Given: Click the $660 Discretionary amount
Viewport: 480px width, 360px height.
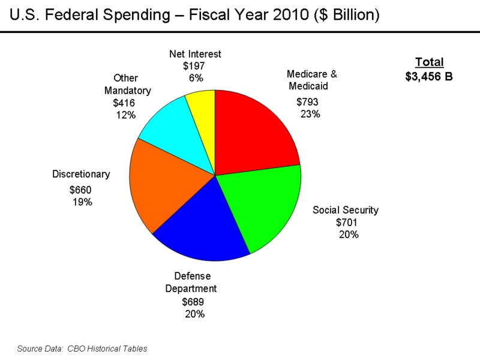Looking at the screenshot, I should [x=80, y=190].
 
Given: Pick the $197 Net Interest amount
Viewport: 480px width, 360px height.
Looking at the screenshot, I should [x=194, y=66].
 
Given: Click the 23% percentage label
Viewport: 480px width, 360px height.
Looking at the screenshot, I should [x=310, y=114].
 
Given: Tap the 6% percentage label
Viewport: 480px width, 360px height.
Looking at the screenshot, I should [x=196, y=78].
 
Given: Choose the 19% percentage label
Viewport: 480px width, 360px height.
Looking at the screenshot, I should [x=82, y=202].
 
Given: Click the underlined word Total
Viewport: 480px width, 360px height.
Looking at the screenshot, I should [x=429, y=62].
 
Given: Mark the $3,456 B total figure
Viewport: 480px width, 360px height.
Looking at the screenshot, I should [x=429, y=76].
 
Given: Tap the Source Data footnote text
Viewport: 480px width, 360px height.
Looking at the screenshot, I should [x=82, y=348].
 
